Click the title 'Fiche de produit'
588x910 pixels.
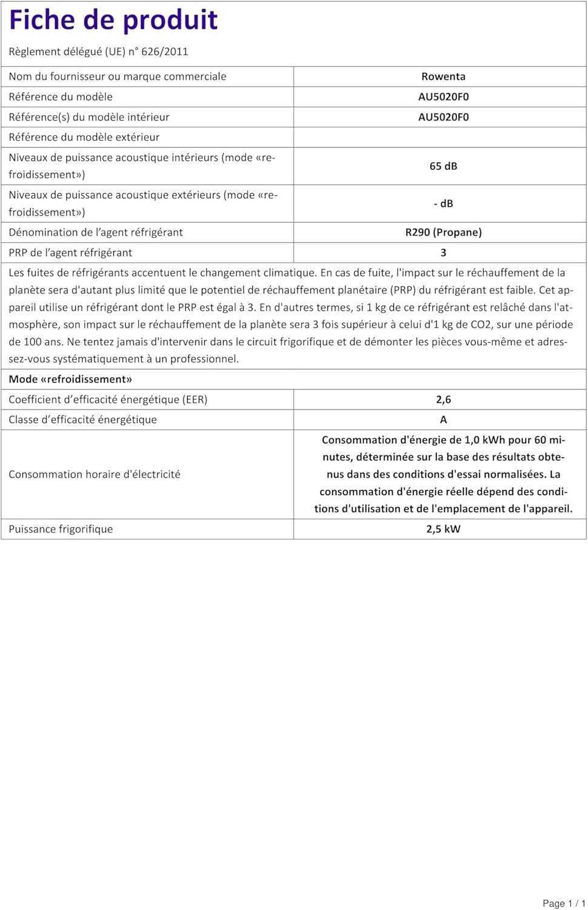coord(113,20)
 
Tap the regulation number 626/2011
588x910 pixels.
coord(164,52)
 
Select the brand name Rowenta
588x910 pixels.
coord(443,76)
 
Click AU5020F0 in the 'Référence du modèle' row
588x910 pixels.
coord(443,97)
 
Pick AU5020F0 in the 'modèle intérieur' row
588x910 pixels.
coord(443,117)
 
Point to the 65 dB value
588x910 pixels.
coord(443,166)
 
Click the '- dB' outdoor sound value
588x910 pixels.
coord(443,204)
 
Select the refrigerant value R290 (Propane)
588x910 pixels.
coord(443,232)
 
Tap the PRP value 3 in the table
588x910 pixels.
coord(443,253)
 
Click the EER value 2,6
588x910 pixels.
coord(443,400)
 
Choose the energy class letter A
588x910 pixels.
coord(443,420)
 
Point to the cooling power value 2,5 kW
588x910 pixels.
coord(443,529)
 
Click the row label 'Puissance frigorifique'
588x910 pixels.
coord(61,529)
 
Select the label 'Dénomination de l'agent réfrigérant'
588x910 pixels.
coord(96,232)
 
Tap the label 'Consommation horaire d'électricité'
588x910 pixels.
coord(95,474)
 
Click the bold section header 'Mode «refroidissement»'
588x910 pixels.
coord(70,379)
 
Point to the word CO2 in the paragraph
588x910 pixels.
coord(482,325)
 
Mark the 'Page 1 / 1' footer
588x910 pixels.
coord(564,903)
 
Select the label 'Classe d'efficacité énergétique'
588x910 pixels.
coord(82,420)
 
